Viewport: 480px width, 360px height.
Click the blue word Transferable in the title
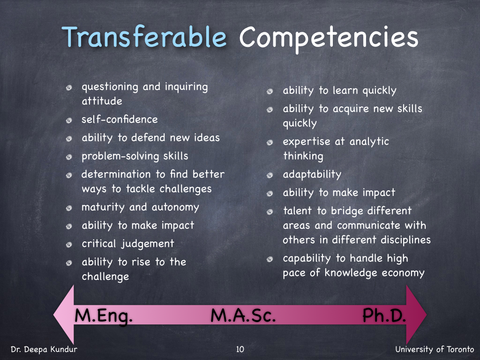click(x=144, y=37)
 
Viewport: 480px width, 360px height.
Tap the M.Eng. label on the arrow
click(x=104, y=316)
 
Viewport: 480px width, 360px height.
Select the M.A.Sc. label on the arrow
click(x=243, y=315)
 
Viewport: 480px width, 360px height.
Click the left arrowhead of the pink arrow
click(x=64, y=315)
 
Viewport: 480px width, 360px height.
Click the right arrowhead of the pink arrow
click(x=416, y=315)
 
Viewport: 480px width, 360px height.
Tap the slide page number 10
click(x=240, y=349)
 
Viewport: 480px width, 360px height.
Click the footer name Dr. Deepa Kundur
click(x=44, y=349)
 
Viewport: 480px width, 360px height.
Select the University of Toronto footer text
click(x=435, y=349)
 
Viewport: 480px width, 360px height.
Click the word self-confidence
click(x=120, y=119)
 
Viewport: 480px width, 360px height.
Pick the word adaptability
click(x=312, y=174)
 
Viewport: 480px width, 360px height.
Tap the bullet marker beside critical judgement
click(x=69, y=245)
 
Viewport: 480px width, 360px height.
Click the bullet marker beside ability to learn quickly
click(x=270, y=91)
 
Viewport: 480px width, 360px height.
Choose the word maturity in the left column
click(x=103, y=208)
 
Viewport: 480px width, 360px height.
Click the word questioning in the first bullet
click(x=110, y=87)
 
